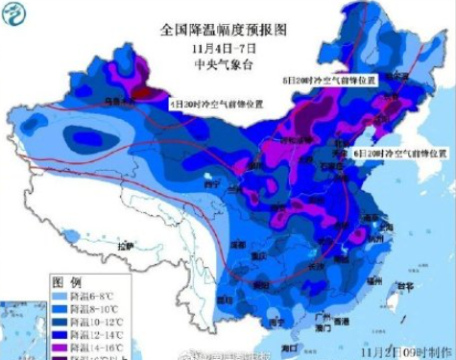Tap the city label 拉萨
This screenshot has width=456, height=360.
tap(125, 247)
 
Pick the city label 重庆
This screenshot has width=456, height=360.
tap(255, 257)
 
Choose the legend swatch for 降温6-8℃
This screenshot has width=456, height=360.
tap(60, 297)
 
